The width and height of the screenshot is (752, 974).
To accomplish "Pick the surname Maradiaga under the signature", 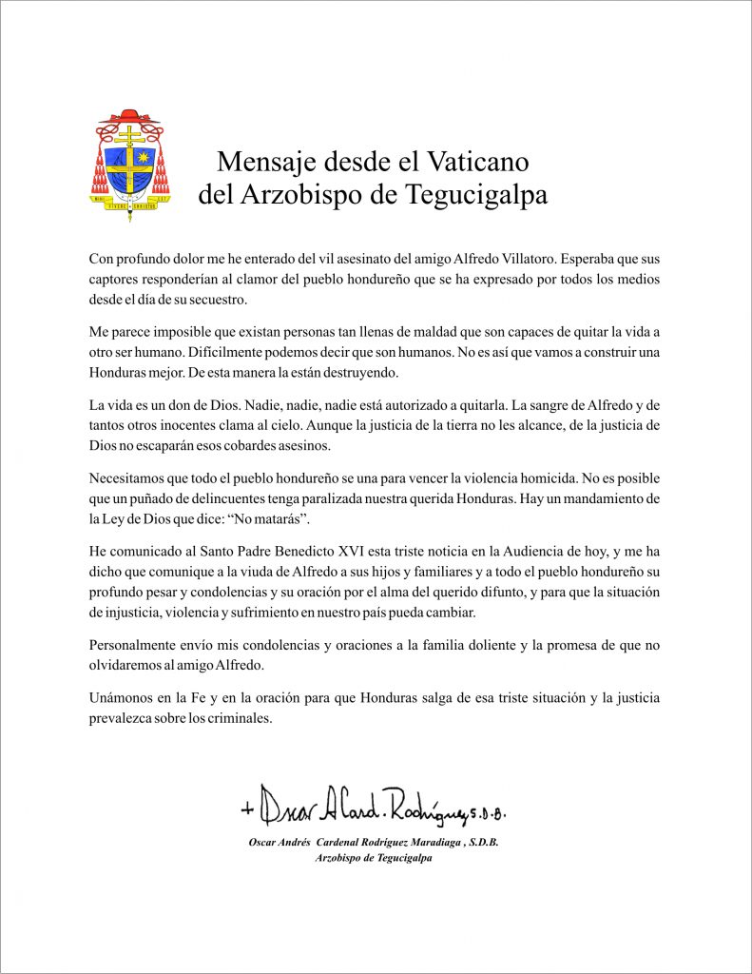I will [x=442, y=843].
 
